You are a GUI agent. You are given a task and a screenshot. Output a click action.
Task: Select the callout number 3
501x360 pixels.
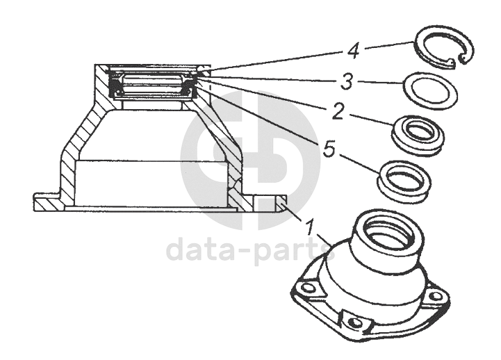(x=347, y=81)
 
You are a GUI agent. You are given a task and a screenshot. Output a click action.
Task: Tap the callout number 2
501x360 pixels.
(x=338, y=111)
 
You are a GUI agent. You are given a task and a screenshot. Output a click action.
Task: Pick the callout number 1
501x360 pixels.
(x=309, y=226)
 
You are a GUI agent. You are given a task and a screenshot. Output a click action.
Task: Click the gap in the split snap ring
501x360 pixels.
(x=457, y=60)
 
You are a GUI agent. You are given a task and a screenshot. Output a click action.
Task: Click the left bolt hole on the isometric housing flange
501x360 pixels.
(x=307, y=288)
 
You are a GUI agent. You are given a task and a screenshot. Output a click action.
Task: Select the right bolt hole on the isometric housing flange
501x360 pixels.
(x=435, y=296)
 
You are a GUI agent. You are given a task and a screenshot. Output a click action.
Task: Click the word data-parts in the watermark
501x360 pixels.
(x=251, y=251)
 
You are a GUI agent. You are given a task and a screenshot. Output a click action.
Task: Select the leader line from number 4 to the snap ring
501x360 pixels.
(x=388, y=45)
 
